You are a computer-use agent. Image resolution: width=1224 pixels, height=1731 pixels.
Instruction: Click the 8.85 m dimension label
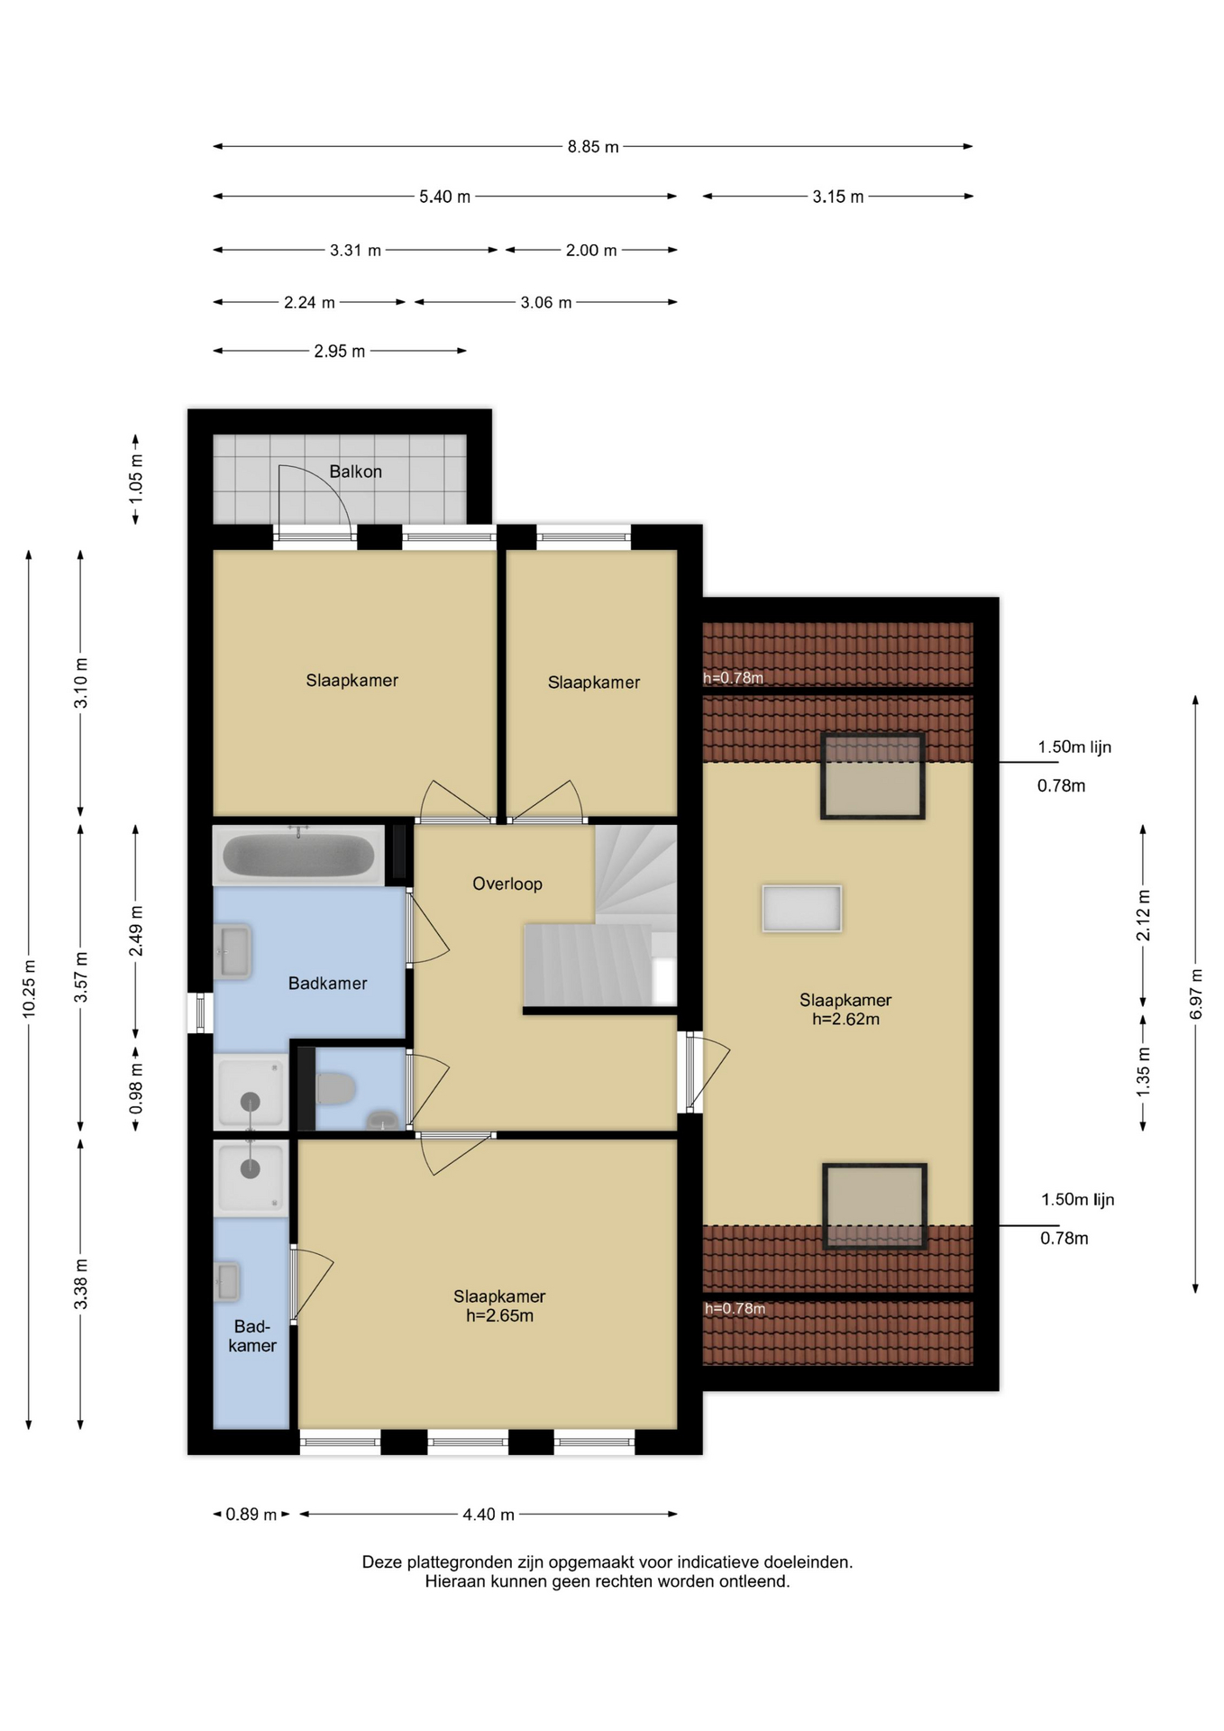593,147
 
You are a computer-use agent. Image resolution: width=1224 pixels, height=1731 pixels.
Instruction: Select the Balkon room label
355,472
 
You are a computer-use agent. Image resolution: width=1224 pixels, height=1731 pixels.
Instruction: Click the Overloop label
507,884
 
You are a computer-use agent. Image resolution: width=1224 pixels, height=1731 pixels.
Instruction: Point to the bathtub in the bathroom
298,855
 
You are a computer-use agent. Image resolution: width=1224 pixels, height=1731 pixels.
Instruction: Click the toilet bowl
335,1088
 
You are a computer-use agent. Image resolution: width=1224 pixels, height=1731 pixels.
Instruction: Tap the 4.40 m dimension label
489,1515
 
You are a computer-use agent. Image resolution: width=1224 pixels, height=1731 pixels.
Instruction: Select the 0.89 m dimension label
251,1515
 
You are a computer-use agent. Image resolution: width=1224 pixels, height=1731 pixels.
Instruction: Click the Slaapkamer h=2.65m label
499,1305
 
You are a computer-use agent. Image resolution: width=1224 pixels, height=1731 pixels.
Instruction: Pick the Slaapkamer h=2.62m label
845,1010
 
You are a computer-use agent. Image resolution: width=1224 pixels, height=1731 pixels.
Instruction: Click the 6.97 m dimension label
1196,994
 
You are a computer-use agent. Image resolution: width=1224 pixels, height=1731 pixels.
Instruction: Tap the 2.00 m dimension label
591,251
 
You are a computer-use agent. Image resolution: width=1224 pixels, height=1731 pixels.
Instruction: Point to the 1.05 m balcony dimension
136,477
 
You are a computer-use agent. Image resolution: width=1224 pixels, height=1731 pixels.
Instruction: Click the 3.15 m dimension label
838,197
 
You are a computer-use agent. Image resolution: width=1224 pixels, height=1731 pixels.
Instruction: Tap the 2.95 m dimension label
340,351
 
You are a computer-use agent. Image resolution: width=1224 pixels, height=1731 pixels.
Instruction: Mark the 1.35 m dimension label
1143,1072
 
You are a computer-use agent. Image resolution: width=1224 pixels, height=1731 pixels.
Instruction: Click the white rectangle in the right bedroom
802,908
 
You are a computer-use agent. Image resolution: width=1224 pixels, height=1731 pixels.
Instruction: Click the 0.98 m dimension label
136,1089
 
